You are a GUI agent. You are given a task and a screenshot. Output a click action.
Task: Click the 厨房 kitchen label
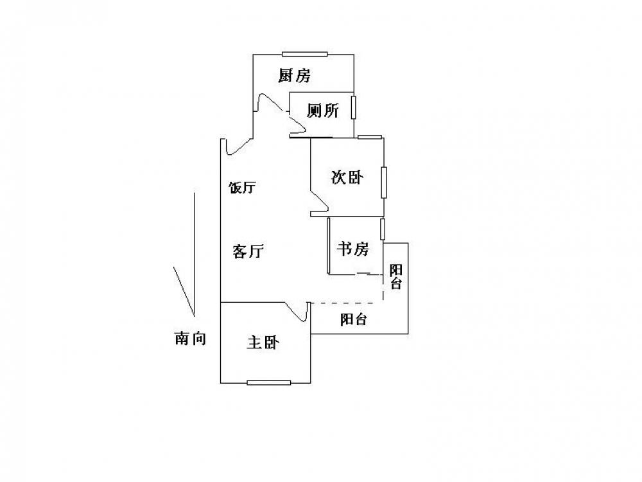coord(294,76)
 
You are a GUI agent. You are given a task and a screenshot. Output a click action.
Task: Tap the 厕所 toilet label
coord(322,111)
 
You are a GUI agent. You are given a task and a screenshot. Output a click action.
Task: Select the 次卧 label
coord(346,177)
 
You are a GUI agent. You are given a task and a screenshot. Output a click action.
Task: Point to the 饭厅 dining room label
coord(243,188)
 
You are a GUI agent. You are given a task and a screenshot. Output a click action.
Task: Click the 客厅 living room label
coord(248,251)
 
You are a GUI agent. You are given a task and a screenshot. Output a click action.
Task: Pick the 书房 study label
coord(352,249)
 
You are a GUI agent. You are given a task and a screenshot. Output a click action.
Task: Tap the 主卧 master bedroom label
coord(263,343)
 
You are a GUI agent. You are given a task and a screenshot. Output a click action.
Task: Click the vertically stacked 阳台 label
coord(396,276)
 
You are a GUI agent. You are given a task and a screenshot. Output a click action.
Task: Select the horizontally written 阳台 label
coord(354,319)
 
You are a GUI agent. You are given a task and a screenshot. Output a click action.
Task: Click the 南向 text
coord(191,339)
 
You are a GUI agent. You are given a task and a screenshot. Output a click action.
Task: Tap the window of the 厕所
coord(354,107)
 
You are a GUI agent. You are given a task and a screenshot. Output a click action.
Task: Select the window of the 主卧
coord(269,383)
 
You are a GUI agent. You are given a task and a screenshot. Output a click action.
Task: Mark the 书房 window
coord(383,229)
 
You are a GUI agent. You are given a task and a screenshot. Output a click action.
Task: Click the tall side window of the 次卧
coord(384,183)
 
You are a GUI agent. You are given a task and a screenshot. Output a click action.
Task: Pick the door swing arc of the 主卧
coord(297,312)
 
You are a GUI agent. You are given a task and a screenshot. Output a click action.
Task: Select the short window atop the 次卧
coord(370,137)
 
